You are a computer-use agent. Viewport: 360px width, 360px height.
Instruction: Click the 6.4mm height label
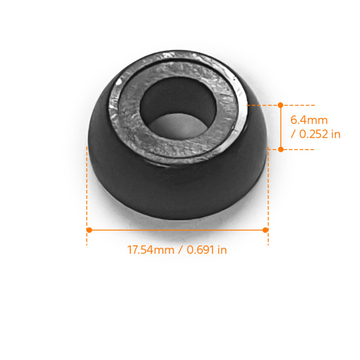tap(309, 120)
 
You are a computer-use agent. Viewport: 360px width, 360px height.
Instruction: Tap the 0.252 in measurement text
tap(320, 134)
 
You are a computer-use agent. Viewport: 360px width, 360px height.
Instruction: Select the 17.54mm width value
tap(151, 250)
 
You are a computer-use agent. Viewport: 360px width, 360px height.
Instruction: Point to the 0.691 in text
tap(206, 250)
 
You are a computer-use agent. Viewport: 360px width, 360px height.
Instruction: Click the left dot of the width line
tap(89, 230)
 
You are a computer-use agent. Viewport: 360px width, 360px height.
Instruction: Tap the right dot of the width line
tap(265, 230)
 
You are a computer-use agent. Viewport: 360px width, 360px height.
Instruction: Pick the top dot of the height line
tap(281, 105)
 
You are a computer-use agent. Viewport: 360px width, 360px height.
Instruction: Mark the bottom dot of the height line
tap(281, 149)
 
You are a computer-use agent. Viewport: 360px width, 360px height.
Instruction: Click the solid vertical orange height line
tap(281, 127)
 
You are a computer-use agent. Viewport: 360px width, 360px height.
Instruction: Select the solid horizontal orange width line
tap(177, 230)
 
